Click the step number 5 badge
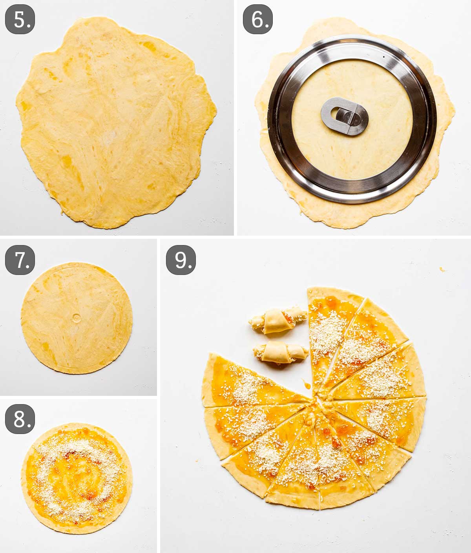point(20,20)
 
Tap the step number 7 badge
point(20,260)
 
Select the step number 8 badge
point(20,419)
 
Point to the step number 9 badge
point(181,260)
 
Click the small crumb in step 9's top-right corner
point(442,269)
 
